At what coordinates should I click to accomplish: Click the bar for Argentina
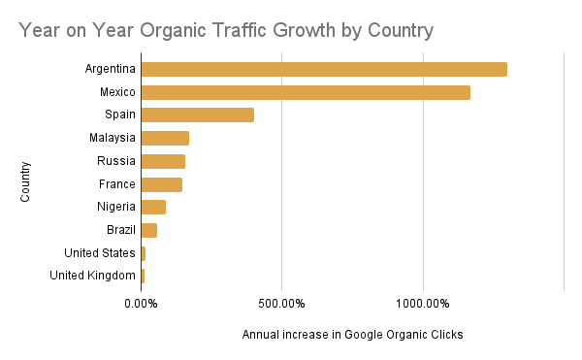[x=324, y=69]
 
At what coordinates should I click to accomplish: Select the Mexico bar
[x=306, y=92]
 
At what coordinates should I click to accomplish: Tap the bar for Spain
[x=198, y=115]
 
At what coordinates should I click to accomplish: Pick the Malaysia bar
[x=165, y=138]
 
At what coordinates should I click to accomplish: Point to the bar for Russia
[x=163, y=161]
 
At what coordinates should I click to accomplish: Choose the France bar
[x=161, y=184]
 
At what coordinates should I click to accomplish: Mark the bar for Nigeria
[x=153, y=207]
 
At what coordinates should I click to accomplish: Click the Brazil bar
[x=148, y=230]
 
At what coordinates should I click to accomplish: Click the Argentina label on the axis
[x=110, y=69]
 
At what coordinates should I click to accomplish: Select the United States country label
[x=99, y=253]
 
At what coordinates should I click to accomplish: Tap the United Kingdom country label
[x=92, y=276]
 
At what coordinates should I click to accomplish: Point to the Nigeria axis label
[x=116, y=207]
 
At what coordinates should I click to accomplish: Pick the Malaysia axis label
[x=113, y=138]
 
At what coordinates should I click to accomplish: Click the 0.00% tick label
[x=141, y=304]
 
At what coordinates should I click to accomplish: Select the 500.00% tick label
[x=281, y=304]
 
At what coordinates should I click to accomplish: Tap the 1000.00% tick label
[x=423, y=304]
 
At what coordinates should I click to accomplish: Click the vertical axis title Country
[x=26, y=181]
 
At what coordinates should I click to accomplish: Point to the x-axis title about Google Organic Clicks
[x=353, y=335]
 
